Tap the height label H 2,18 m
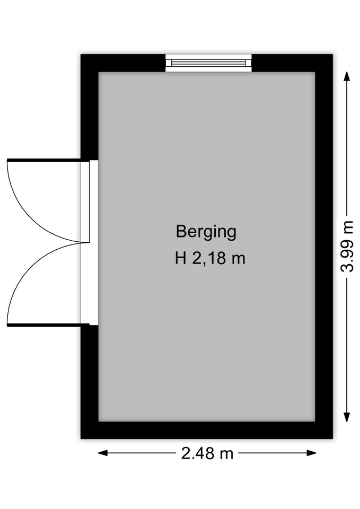point(210,259)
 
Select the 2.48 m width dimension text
point(207,453)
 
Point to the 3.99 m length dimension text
point(347,246)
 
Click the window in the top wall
point(208,63)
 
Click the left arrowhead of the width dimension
point(103,453)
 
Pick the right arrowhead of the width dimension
point(311,453)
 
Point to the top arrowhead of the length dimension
point(347,76)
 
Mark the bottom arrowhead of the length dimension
point(347,417)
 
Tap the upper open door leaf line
point(44,160)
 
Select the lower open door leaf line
point(44,325)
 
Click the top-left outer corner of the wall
point(81,54)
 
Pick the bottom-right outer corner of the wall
point(333,438)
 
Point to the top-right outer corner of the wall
point(333,54)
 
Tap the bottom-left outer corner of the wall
point(81,438)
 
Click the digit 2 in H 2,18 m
point(197,258)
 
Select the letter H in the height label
point(180,258)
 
